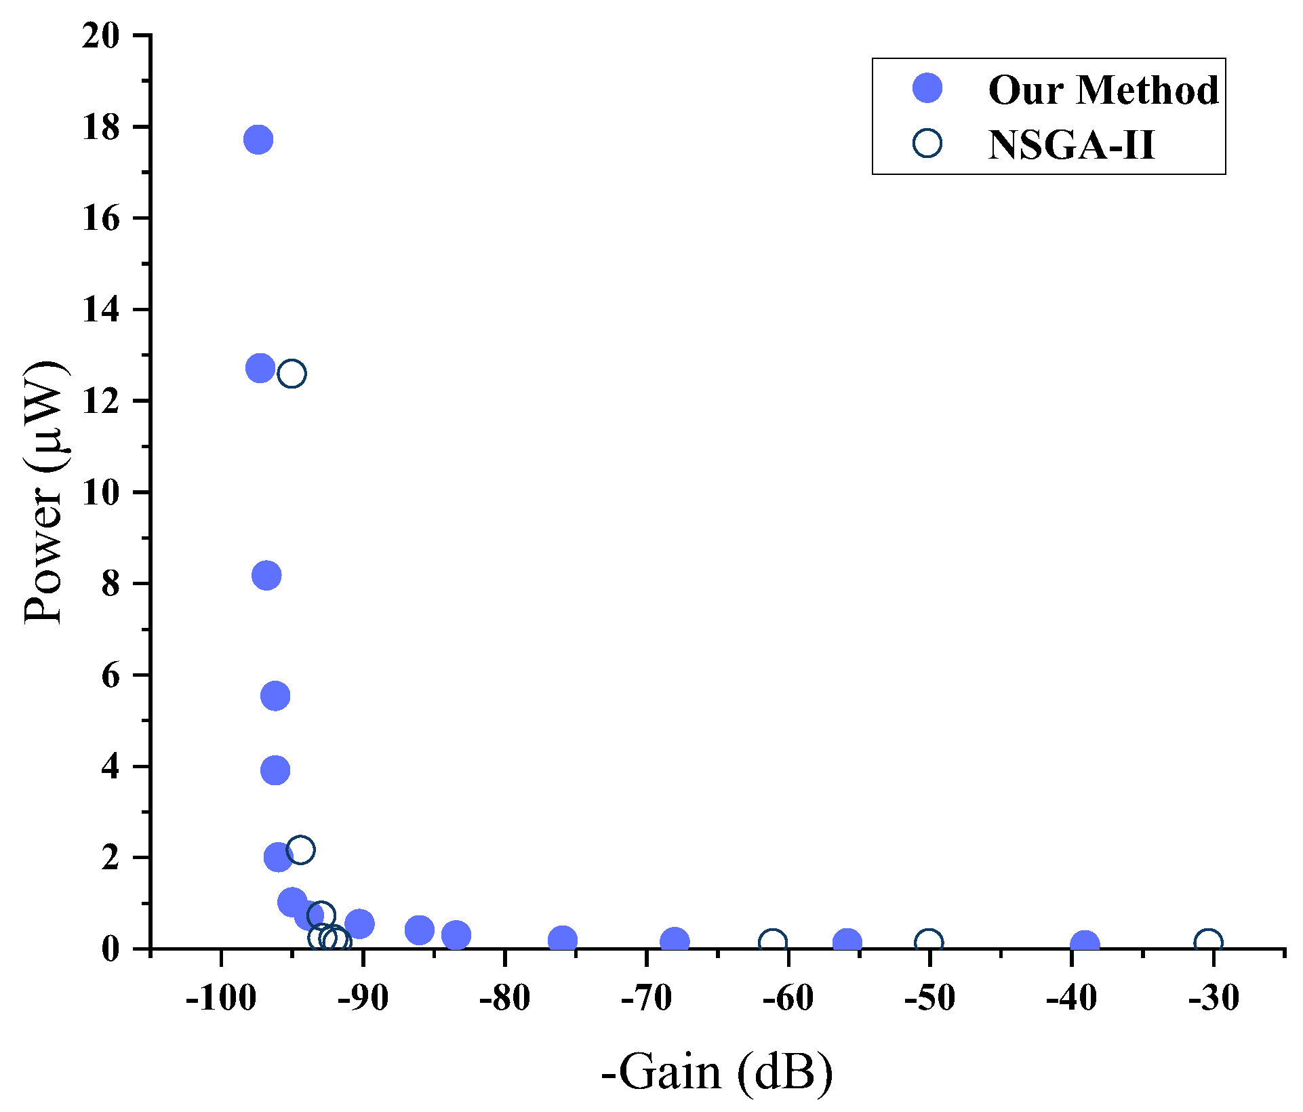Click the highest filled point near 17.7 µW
pos(258,140)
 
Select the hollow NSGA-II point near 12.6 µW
pos(292,374)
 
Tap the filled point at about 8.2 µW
pos(266,576)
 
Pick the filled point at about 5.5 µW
pos(275,696)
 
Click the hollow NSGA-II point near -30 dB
pos(1208,942)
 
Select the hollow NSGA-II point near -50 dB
pos(929,942)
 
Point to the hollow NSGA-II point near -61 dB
pos(772,942)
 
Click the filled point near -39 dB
pos(1085,944)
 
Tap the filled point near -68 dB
pos(674,941)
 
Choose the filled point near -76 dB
pos(562,940)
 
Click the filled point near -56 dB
pos(847,942)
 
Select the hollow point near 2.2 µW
pos(300,850)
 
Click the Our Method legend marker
pos(927,88)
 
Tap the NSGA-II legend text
pos(1070,144)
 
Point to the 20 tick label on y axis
pos(100,35)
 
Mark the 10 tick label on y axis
pos(100,492)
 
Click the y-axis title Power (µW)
pos(45,492)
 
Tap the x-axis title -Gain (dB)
pos(717,1073)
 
